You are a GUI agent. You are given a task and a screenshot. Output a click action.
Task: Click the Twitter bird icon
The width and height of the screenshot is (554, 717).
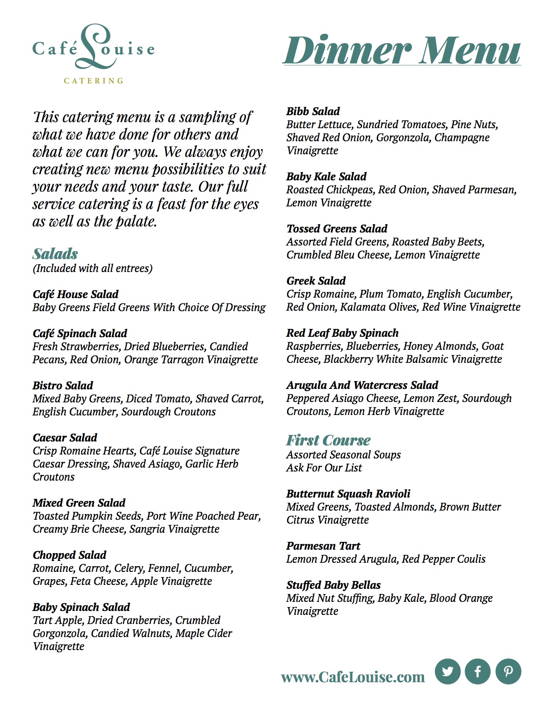click(x=448, y=671)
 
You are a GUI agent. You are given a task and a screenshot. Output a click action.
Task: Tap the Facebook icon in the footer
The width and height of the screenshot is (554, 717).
click(x=478, y=671)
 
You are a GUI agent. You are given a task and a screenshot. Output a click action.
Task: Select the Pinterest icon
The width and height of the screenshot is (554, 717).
click(x=508, y=671)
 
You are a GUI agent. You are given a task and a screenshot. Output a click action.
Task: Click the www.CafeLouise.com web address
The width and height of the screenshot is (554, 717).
click(x=353, y=677)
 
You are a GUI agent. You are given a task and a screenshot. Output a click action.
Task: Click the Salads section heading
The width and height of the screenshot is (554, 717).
click(x=55, y=254)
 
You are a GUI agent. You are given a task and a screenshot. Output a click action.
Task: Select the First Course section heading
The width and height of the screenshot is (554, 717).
click(x=328, y=440)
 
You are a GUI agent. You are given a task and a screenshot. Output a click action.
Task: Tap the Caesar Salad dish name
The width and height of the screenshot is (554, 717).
click(x=65, y=438)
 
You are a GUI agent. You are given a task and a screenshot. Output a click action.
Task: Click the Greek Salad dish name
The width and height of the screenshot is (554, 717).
click(x=316, y=281)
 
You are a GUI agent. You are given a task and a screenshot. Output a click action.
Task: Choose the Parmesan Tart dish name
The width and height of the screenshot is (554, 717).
click(x=323, y=546)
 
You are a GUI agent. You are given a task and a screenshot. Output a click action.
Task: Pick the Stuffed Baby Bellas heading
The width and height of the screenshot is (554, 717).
click(x=333, y=585)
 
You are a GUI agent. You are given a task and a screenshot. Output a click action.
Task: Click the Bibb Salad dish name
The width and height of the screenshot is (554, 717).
click(x=313, y=111)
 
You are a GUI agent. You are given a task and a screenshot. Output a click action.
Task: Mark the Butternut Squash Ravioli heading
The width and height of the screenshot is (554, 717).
click(x=348, y=494)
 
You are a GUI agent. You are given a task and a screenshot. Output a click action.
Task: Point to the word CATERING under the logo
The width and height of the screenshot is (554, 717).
click(x=93, y=81)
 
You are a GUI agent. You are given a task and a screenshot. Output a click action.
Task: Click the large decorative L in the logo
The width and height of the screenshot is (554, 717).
click(x=93, y=46)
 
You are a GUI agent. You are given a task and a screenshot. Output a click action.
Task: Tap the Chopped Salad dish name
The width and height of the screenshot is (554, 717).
click(x=70, y=555)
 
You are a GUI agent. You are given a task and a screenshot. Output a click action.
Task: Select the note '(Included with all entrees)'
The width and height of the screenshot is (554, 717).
click(x=93, y=268)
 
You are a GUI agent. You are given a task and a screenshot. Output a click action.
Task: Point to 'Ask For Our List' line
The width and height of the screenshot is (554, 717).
click(x=324, y=468)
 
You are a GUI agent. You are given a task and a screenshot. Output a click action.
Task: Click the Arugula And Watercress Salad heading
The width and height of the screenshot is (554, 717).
click(x=362, y=385)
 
